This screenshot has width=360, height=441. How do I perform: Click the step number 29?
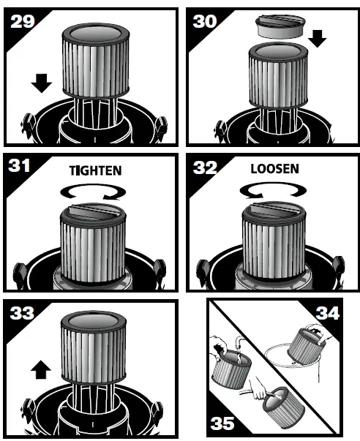click(x=22, y=22)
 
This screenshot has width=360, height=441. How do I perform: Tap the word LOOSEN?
click(x=274, y=168)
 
